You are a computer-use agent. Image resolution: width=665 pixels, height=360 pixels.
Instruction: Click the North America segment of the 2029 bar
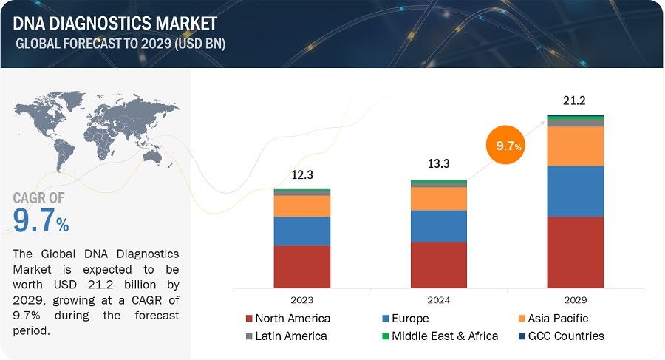point(576,251)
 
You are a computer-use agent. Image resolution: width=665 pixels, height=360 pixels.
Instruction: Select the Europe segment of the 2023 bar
point(302,231)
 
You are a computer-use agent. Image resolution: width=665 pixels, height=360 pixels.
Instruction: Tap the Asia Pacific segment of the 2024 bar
point(439,198)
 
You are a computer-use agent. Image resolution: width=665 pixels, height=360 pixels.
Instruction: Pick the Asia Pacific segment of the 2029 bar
point(576,146)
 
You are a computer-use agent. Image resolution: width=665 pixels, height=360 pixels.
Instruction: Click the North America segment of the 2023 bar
point(302,266)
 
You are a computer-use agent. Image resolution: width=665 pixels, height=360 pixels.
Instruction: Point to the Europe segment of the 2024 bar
point(439,226)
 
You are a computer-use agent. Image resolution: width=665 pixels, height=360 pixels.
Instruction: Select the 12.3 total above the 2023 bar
point(302,174)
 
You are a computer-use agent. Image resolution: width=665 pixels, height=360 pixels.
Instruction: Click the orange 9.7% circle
point(509,146)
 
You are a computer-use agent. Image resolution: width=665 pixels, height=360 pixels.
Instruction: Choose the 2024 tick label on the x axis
point(439,301)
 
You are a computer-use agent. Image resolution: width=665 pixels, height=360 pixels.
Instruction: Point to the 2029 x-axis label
point(576,301)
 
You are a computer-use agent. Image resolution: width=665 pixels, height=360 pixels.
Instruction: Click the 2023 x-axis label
point(302,301)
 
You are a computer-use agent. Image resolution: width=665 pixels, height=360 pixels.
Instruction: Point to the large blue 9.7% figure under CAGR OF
point(41,220)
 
